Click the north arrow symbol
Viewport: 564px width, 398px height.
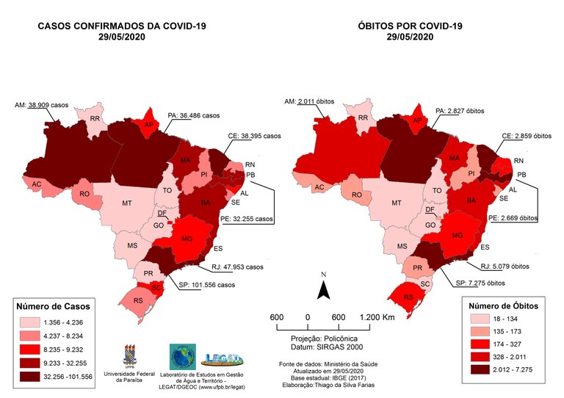323,291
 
